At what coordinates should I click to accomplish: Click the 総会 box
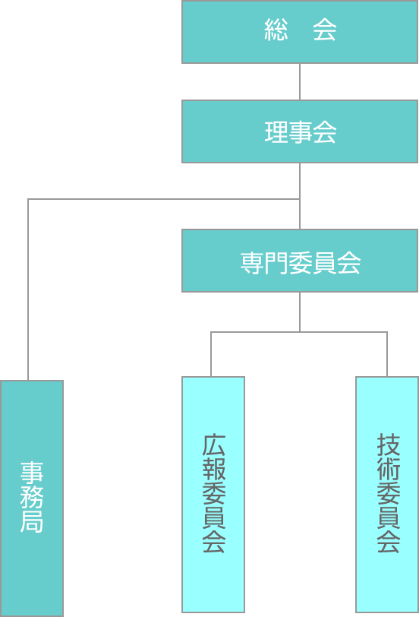pos(300,32)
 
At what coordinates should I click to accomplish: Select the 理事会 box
pos(300,131)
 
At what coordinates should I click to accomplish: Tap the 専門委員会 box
pos(300,261)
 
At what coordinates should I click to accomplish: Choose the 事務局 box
pos(32,498)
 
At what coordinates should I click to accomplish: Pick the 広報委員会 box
pos(213,495)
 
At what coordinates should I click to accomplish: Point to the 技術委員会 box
pos(387,495)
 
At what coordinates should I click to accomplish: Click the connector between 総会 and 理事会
pos(300,82)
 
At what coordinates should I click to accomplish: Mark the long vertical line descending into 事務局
pos(28,290)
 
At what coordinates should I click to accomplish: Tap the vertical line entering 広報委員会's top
pos(211,354)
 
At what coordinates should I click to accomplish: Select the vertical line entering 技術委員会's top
pos(387,354)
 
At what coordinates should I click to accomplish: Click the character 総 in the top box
pos(276,30)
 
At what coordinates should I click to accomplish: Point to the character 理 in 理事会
pos(276,131)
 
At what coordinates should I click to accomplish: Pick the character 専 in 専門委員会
pos(252,263)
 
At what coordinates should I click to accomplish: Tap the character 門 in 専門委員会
pos(276,263)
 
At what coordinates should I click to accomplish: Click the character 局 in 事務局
pos(32,522)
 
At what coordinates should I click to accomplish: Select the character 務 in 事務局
pos(32,498)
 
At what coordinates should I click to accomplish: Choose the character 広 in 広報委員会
pos(214,445)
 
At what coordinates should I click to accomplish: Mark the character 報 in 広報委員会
pos(214,470)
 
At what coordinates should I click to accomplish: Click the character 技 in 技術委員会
pos(389,445)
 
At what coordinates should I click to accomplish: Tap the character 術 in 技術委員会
pos(389,470)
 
